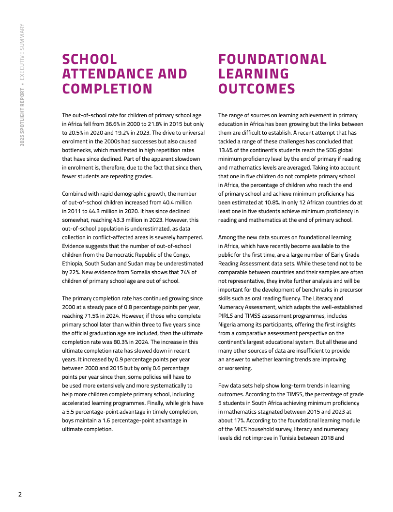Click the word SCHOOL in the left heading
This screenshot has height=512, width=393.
90,60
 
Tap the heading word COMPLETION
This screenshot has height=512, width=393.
107,89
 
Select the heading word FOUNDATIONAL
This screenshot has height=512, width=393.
272,60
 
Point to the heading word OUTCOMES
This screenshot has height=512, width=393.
257,89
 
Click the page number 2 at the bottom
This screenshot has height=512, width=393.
20,495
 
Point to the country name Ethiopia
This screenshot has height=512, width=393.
74,264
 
